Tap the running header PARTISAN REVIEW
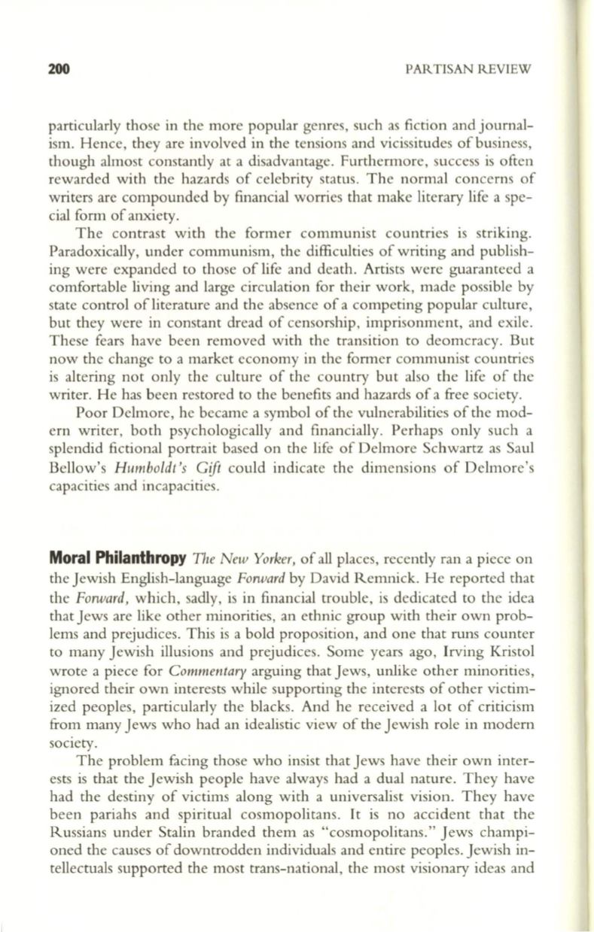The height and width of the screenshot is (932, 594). click(x=468, y=69)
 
